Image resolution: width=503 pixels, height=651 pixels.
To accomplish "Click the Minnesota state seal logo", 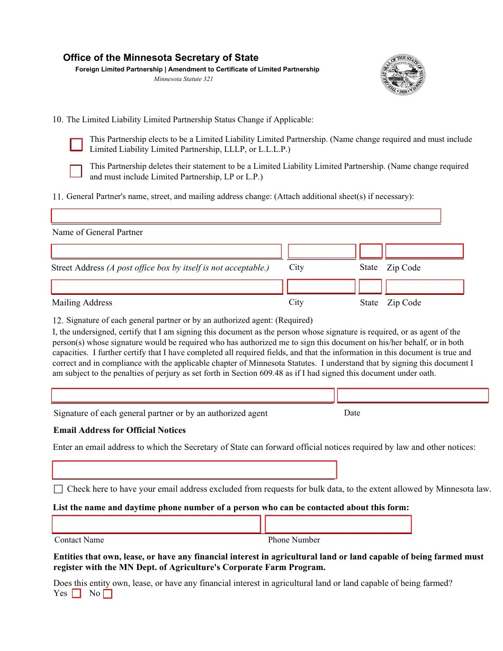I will (403, 74).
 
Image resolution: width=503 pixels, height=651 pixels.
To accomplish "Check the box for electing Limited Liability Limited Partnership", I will (77, 144).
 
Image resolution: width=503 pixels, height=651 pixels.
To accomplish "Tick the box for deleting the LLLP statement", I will (76, 171).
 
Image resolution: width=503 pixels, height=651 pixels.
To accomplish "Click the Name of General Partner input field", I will (246, 216).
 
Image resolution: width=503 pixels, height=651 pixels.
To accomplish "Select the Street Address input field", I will (166, 251).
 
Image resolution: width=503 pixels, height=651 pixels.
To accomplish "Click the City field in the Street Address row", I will (321, 251).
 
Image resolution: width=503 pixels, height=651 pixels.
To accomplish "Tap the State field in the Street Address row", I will (371, 251).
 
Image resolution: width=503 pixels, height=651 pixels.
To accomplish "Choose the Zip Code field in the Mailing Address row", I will (425, 287).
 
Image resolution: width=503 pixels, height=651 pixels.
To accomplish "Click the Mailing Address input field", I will (167, 287).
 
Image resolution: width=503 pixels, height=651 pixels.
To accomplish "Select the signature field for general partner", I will (193, 396).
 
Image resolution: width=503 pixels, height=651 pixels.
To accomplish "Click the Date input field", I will (412, 396).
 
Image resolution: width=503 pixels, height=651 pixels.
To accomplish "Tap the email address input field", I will (194, 470).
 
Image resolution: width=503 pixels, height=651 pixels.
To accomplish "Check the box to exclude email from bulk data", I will (58, 489).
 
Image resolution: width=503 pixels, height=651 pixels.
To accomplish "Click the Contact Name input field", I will (156, 525).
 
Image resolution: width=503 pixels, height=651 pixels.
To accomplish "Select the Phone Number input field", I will (338, 525).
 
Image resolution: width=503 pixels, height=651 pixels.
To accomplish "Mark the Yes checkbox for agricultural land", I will (76, 594).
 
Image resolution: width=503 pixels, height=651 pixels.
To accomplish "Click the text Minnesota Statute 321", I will (183, 79).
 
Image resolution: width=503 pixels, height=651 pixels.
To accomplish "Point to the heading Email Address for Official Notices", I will (119, 430).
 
